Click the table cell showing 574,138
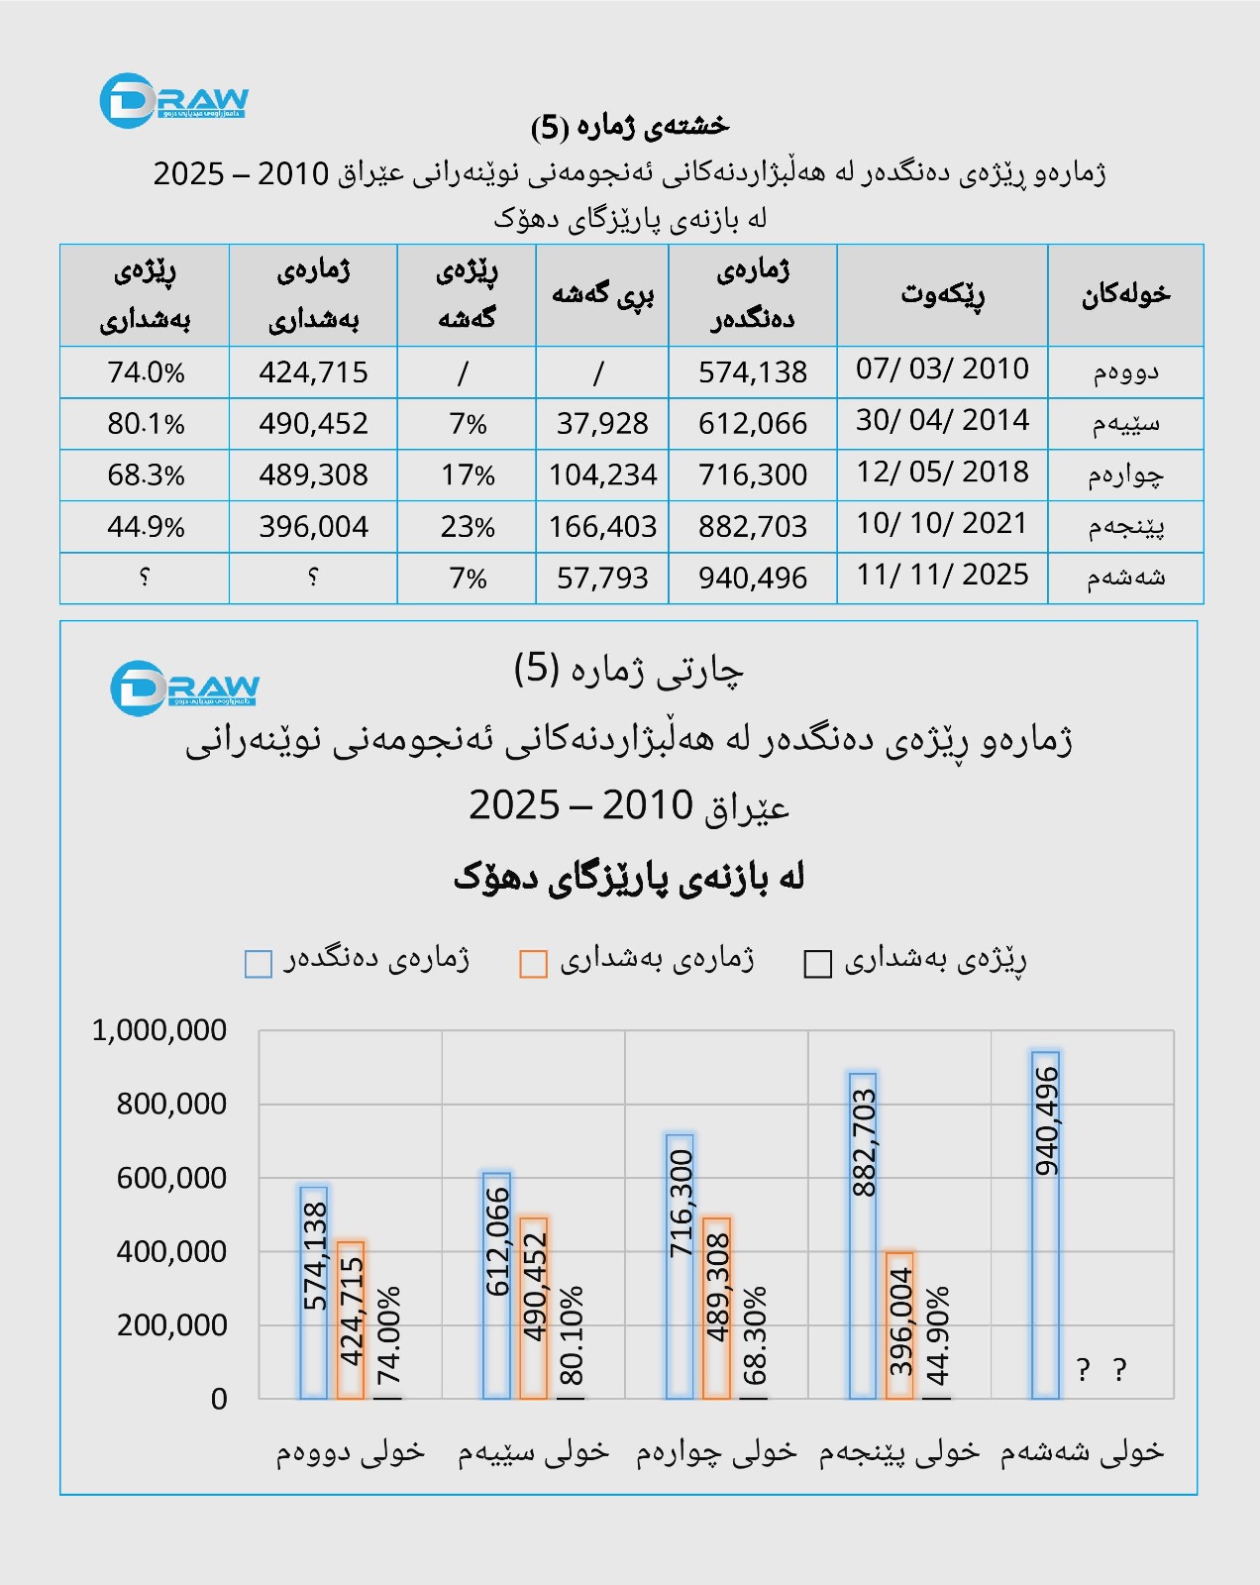click(753, 372)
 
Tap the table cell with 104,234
click(602, 475)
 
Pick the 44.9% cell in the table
click(146, 527)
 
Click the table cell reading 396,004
click(313, 527)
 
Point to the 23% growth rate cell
click(468, 527)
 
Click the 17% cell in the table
click(468, 475)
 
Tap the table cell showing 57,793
click(602, 578)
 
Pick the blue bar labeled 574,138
click(314, 1292)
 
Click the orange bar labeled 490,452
click(534, 1308)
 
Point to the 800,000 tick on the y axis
click(171, 1104)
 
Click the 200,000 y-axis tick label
click(171, 1325)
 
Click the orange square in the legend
click(534, 964)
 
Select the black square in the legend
click(818, 964)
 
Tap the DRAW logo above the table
click(174, 100)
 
